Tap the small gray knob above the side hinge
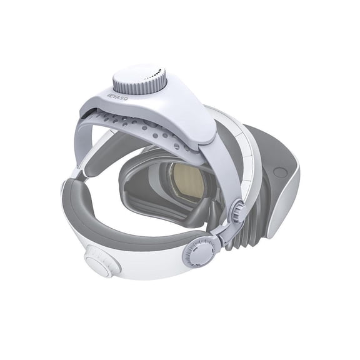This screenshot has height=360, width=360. coord(237,211)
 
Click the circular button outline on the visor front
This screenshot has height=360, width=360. coord(280,172)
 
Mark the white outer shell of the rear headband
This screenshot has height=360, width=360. coord(144,262)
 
